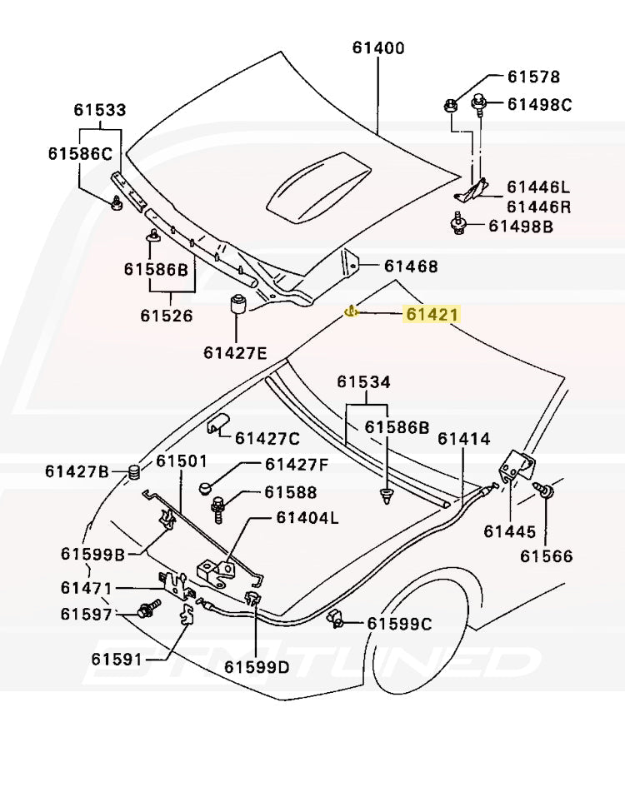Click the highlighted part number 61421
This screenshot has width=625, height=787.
point(432,314)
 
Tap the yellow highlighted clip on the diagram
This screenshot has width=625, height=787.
point(352,312)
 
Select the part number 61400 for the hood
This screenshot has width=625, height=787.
point(377,48)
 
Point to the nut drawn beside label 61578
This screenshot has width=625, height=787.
point(449,105)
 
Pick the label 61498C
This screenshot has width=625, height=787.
point(540,104)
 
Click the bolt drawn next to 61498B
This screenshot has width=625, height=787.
point(457,225)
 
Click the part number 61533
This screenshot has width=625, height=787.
point(99,110)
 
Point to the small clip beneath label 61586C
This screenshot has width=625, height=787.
point(114,202)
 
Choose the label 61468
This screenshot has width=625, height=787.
point(411,266)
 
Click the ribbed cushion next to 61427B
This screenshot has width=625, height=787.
point(132,473)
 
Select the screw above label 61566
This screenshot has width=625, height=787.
point(547,495)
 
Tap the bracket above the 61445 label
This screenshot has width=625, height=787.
point(519,466)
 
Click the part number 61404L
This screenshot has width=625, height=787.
point(307,518)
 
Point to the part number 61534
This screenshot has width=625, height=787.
point(363,382)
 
